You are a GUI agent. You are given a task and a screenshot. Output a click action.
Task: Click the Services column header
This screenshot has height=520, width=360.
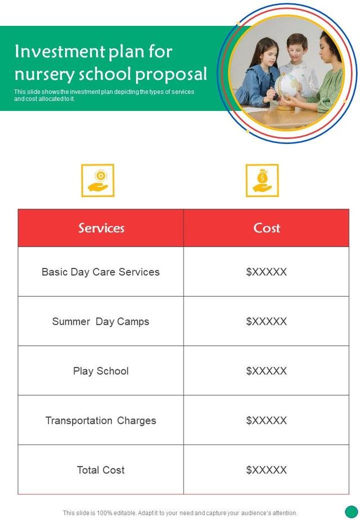[101, 228]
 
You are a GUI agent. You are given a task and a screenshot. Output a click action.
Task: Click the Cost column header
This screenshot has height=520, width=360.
[267, 228]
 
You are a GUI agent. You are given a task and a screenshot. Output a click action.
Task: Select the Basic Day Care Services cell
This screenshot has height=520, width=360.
[101, 272]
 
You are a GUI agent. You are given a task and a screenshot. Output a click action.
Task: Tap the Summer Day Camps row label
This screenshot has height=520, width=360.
[101, 321]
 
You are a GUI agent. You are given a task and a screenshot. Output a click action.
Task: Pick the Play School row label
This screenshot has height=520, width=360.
[101, 371]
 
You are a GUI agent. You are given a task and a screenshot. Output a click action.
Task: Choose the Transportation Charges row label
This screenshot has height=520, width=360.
[101, 420]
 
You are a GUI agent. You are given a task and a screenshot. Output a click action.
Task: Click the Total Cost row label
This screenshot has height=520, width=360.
[101, 470]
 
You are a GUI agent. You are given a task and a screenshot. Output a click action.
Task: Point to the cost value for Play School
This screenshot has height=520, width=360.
[267, 371]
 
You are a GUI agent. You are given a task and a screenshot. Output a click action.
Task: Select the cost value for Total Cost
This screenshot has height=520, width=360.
[267, 470]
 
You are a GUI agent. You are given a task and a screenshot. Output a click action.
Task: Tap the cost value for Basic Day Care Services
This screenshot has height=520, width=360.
[267, 272]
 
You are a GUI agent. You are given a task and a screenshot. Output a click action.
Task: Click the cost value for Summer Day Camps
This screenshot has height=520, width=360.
[267, 321]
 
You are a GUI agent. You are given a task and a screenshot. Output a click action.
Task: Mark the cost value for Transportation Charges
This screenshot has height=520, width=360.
[267, 420]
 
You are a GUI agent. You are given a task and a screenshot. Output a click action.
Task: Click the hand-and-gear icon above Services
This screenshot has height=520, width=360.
[98, 181]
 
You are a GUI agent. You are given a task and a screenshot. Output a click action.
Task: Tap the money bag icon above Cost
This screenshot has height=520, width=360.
[262, 181]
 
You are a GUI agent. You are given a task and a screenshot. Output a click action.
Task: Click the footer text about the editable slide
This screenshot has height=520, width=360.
[180, 513]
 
